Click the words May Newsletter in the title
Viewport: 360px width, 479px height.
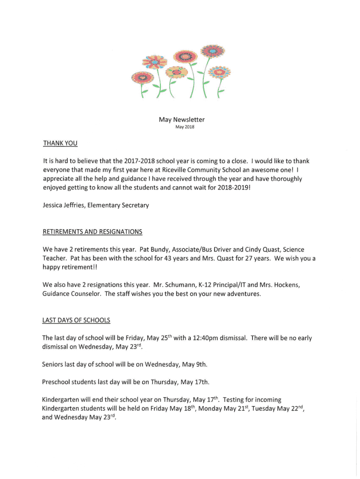181,120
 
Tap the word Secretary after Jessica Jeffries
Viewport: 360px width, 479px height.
134,205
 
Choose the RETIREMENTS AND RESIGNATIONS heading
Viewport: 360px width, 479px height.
92,232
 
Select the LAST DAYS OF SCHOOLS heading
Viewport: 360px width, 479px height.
76,320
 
